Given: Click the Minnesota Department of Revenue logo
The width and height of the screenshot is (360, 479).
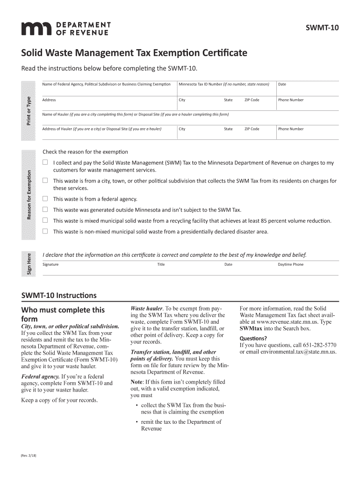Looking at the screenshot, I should [65, 29].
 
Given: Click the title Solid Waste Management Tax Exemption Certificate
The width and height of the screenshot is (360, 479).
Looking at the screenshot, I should [135, 53].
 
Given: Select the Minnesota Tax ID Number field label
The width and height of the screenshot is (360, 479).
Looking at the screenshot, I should [224, 84].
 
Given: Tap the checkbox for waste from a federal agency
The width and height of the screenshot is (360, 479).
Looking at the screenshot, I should [45, 198].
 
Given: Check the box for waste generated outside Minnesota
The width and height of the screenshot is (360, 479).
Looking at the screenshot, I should [45, 210].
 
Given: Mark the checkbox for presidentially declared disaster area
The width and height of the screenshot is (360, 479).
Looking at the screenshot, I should [45, 231].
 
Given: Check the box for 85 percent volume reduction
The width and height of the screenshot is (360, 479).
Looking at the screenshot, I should [45, 220].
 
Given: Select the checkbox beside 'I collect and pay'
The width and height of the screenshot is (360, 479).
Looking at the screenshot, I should [45, 163].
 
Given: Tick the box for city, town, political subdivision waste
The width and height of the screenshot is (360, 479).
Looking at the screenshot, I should [45, 181].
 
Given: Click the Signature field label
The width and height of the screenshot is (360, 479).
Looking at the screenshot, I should [50, 265].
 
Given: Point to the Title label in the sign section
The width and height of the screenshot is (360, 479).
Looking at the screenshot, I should [161, 265].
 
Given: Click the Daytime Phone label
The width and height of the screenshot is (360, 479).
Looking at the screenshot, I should [290, 265].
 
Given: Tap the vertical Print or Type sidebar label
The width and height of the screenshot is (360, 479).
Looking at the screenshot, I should [29, 110].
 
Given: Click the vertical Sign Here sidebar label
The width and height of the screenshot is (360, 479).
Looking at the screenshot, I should [29, 264].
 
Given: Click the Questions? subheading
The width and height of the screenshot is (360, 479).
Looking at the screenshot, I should [253, 338].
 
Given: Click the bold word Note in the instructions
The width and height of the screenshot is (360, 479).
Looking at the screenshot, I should [137, 382].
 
